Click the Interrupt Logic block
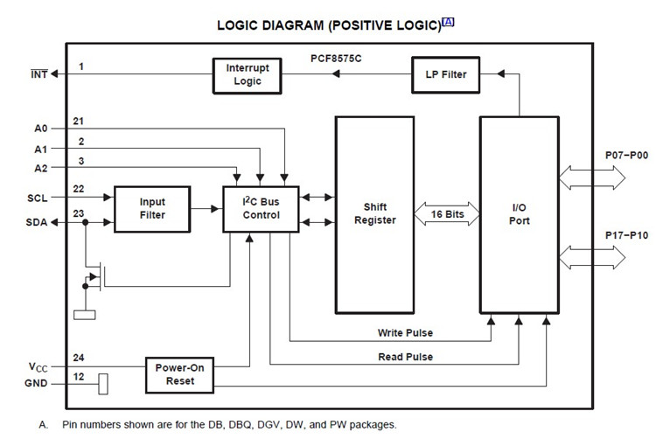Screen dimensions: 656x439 pos(247,76)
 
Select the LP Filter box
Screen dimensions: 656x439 pos(445,75)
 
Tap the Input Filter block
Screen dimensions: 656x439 pos(152,209)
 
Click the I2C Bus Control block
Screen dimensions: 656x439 pos(261,209)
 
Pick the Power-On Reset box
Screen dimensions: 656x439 pos(179,375)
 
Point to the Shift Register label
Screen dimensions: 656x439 pos(375,213)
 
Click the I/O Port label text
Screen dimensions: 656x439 pos(520,213)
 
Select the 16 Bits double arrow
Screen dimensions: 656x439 pos(447,213)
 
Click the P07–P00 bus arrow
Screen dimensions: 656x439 pos(592,178)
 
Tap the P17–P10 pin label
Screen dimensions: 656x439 pos(627,235)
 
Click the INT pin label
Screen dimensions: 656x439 pos(38,74)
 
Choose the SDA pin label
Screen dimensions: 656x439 pos(37,222)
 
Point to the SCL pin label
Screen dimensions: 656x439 pos(38,199)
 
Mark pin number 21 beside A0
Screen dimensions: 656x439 pos(78,122)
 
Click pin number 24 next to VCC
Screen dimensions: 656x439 pos(78,358)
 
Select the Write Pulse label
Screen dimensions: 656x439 pos(405,333)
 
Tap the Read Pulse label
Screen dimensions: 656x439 pos(405,357)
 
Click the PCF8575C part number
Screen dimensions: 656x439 pos(336,59)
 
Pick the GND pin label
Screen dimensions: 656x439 pos(36,383)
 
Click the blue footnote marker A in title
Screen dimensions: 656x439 pos(448,22)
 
